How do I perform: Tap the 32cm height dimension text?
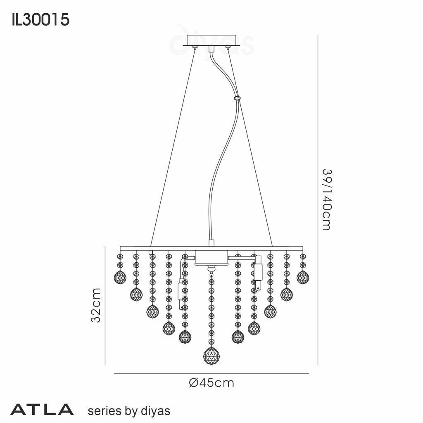(x=96, y=306)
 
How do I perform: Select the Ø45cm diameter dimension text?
(x=211, y=383)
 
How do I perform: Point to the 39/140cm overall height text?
(x=326, y=199)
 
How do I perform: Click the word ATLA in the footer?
(x=42, y=410)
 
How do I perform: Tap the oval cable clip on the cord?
(x=238, y=98)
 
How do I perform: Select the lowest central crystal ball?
(x=211, y=356)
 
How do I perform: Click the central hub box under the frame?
(x=211, y=258)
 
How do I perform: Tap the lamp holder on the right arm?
(x=259, y=273)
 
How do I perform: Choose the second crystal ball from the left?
(x=136, y=295)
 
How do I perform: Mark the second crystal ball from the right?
(x=287, y=295)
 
